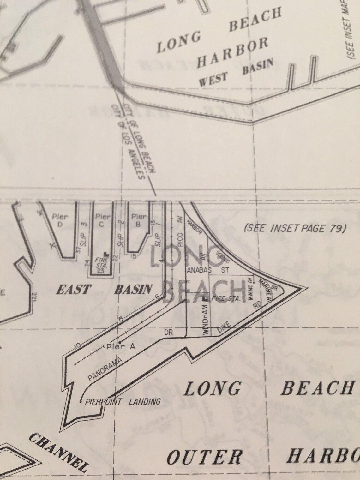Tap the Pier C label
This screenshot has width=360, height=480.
pos(103,220)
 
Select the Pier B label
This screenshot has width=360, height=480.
pos(139,220)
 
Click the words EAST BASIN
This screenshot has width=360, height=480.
pos(104,289)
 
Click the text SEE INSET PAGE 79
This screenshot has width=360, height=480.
pos(296,228)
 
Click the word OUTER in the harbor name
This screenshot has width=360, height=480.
pos(205,457)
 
